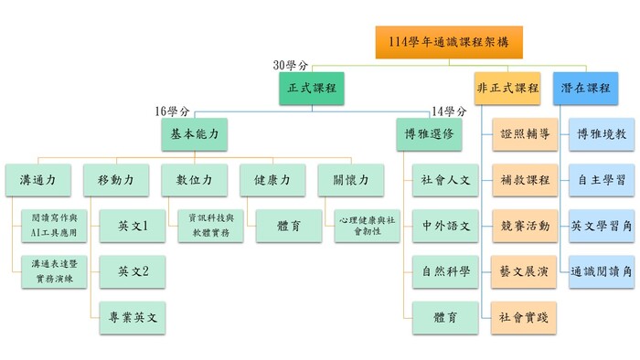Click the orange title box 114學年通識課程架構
coord(448,42)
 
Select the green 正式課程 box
coord(312,89)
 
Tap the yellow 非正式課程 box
coord(507,89)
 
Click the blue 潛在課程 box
coord(585,89)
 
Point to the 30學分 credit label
coord(291,65)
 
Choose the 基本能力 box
coord(194,133)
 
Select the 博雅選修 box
coord(429,133)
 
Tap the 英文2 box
coord(133,271)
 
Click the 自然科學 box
coord(446,271)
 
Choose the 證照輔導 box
coord(525,134)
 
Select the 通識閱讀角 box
coord(599,271)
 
